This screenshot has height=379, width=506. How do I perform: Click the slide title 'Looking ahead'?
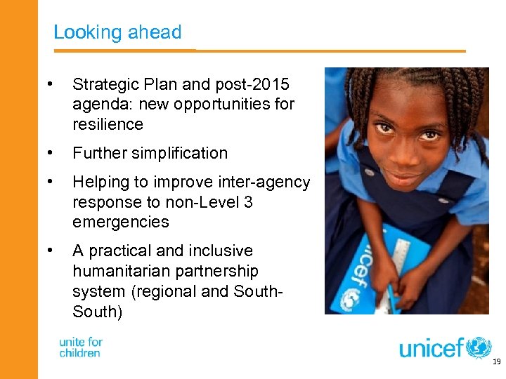click(117, 32)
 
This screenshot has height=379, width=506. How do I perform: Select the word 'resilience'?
click(108, 125)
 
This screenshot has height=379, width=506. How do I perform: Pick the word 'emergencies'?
click(120, 222)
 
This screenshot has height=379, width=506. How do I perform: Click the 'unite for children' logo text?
click(81, 347)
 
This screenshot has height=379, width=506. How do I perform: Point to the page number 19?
click(496, 362)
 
